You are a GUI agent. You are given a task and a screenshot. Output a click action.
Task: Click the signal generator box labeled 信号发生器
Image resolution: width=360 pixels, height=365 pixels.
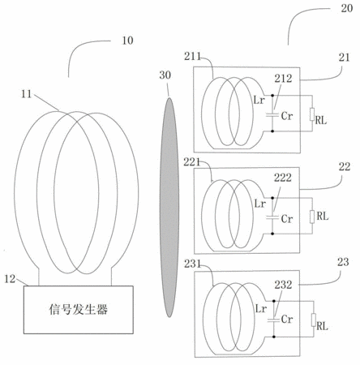(79, 310)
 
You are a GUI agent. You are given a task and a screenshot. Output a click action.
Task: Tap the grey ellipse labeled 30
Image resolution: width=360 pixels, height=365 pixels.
(169, 208)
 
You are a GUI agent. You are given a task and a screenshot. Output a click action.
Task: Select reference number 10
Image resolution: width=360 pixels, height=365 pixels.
(127, 41)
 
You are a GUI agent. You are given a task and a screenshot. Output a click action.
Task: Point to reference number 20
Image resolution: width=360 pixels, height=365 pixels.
(347, 8)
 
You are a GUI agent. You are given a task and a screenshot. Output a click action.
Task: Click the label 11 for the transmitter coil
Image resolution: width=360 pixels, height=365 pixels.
(26, 94)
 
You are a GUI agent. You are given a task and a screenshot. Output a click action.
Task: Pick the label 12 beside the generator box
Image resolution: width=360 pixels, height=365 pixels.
(10, 279)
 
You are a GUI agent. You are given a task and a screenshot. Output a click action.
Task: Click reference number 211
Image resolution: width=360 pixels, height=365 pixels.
(193, 56)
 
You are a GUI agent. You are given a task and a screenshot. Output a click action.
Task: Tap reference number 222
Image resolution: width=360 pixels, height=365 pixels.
(283, 178)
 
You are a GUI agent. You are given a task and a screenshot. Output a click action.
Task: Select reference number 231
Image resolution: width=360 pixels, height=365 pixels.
(193, 264)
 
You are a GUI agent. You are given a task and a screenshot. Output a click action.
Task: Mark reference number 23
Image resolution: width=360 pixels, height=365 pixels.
(343, 262)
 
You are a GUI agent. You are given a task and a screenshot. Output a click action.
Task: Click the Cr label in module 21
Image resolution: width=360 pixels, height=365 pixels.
(287, 116)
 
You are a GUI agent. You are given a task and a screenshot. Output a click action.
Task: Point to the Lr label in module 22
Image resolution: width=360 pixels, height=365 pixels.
(260, 204)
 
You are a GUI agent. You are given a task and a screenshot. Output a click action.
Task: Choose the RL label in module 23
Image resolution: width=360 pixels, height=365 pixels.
(322, 326)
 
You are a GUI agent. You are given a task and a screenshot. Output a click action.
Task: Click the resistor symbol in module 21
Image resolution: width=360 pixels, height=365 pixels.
(312, 114)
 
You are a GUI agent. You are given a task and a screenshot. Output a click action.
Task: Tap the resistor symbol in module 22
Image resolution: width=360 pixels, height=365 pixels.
(312, 217)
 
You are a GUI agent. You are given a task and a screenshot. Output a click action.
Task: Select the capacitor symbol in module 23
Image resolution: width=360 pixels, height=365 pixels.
(273, 320)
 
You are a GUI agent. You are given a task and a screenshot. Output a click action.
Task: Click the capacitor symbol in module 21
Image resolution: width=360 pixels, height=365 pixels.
(272, 115)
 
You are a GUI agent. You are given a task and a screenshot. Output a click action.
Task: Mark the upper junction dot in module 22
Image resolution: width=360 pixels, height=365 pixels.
(272, 198)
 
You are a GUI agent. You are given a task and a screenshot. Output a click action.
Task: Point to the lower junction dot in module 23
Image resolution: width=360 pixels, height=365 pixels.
(274, 337)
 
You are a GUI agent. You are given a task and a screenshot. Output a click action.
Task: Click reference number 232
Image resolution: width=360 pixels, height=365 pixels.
(283, 285)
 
